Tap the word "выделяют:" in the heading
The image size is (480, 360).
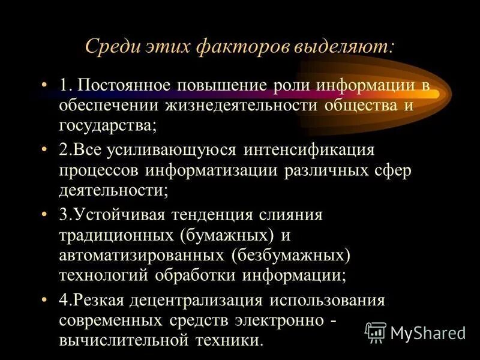pos(344,47)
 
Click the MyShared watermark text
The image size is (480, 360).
pos(428,332)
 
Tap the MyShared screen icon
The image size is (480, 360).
pos(376,332)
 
